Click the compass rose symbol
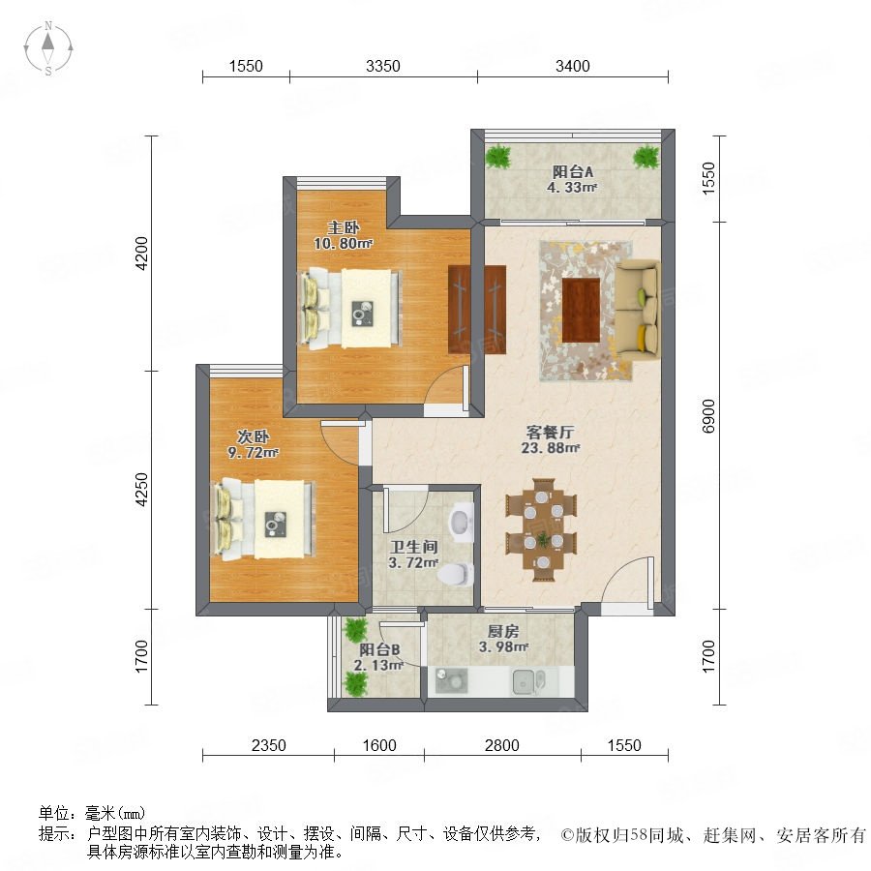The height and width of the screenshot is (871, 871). (x=48, y=48)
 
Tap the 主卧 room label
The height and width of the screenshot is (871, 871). (x=344, y=227)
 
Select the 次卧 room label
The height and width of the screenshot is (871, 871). (x=254, y=436)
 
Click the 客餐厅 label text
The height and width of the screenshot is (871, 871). (x=550, y=432)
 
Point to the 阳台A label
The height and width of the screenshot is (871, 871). (x=572, y=172)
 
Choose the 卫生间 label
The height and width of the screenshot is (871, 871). (x=414, y=547)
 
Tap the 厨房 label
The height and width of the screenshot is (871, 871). (x=503, y=631)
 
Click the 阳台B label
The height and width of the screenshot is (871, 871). (x=379, y=649)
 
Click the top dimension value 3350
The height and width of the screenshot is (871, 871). (x=382, y=66)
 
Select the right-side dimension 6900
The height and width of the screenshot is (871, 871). (x=708, y=415)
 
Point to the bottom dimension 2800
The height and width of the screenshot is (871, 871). (x=501, y=745)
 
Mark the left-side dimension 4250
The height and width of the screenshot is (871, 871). (x=142, y=490)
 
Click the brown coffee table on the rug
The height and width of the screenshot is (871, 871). (x=581, y=311)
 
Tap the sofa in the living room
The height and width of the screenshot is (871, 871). (x=637, y=311)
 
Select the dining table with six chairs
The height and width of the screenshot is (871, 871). (x=542, y=529)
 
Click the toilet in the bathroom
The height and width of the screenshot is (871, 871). (x=457, y=574)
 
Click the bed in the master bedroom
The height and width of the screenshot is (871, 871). (x=350, y=309)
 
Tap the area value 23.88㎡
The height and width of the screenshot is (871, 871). (x=551, y=448)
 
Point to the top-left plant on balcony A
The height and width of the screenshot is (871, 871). (x=498, y=157)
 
